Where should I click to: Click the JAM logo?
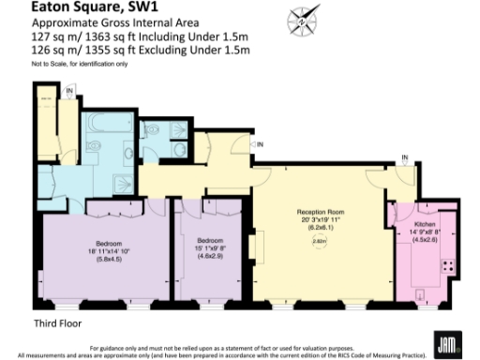[x=445, y=344]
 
